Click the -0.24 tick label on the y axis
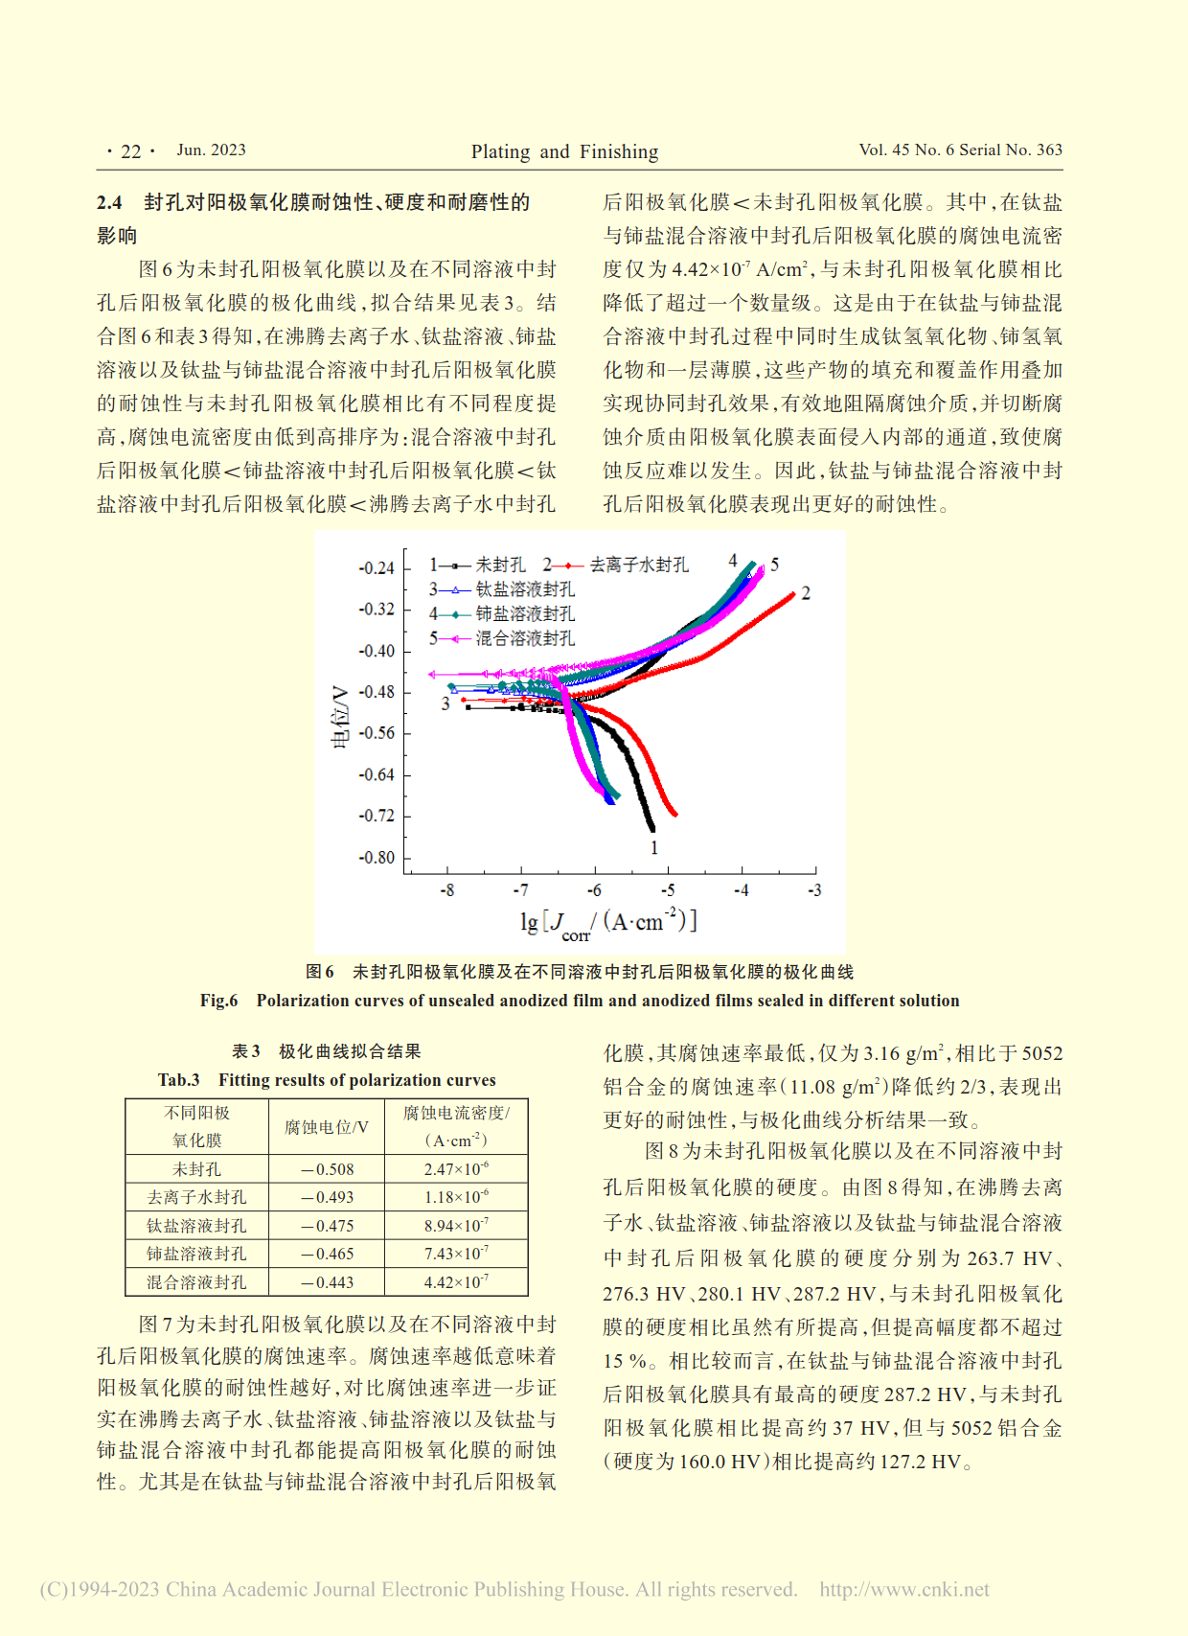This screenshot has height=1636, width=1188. (377, 568)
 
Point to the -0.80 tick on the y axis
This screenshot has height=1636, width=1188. (377, 858)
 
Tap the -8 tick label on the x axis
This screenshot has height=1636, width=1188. (447, 890)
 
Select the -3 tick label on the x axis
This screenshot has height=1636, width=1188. (814, 890)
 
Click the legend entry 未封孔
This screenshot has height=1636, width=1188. (500, 565)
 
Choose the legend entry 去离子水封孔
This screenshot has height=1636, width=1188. (638, 565)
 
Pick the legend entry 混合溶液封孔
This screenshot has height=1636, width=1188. (525, 638)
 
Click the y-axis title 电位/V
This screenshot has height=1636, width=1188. (340, 717)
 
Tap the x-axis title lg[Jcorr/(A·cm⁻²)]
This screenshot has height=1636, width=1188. (608, 922)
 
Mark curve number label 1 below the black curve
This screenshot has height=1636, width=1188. (654, 847)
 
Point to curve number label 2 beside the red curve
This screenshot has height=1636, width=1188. (806, 593)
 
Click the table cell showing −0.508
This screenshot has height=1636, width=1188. (328, 1169)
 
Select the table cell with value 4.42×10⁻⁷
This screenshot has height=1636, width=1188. (456, 1282)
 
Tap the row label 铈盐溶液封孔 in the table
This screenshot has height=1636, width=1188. (196, 1254)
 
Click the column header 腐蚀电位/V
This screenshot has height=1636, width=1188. (327, 1127)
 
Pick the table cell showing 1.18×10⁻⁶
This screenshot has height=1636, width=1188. (456, 1197)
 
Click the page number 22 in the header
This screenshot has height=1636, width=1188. (131, 151)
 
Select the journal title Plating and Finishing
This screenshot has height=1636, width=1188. (564, 151)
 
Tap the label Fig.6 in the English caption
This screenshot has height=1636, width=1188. (218, 1001)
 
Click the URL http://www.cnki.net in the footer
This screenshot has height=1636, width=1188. (903, 1589)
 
